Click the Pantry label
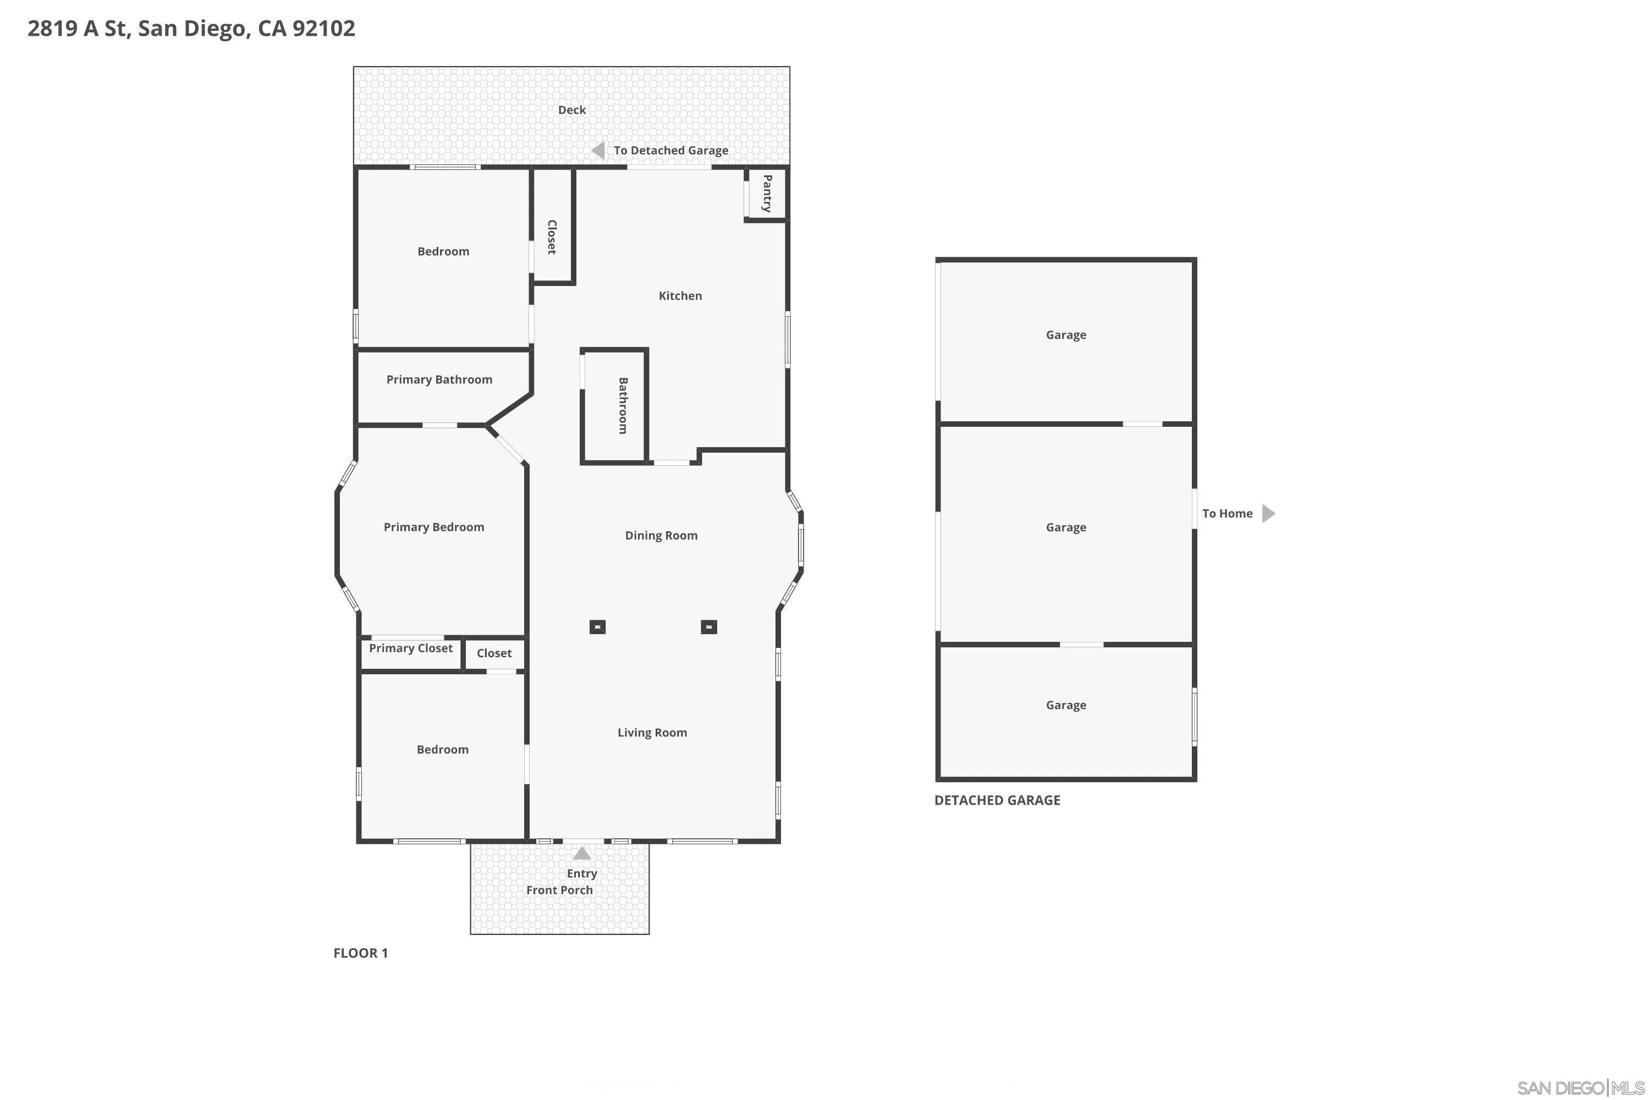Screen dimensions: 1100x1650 click(767, 194)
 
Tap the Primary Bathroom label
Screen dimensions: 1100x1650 click(439, 380)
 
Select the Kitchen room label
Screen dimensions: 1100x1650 click(680, 296)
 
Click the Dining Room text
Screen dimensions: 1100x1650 click(661, 535)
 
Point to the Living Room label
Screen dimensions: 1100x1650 click(652, 733)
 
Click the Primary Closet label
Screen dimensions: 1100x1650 click(410, 648)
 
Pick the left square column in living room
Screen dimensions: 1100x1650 click(597, 627)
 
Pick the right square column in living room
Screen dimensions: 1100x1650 click(708, 627)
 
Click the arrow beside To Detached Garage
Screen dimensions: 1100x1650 click(598, 150)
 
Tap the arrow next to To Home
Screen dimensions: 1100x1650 click(1268, 514)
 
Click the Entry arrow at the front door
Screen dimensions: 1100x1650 click(581, 854)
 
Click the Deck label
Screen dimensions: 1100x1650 click(572, 110)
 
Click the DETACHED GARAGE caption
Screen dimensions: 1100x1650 click(997, 800)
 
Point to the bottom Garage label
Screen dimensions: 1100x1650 click(1066, 705)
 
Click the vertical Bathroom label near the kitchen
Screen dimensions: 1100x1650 click(622, 405)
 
